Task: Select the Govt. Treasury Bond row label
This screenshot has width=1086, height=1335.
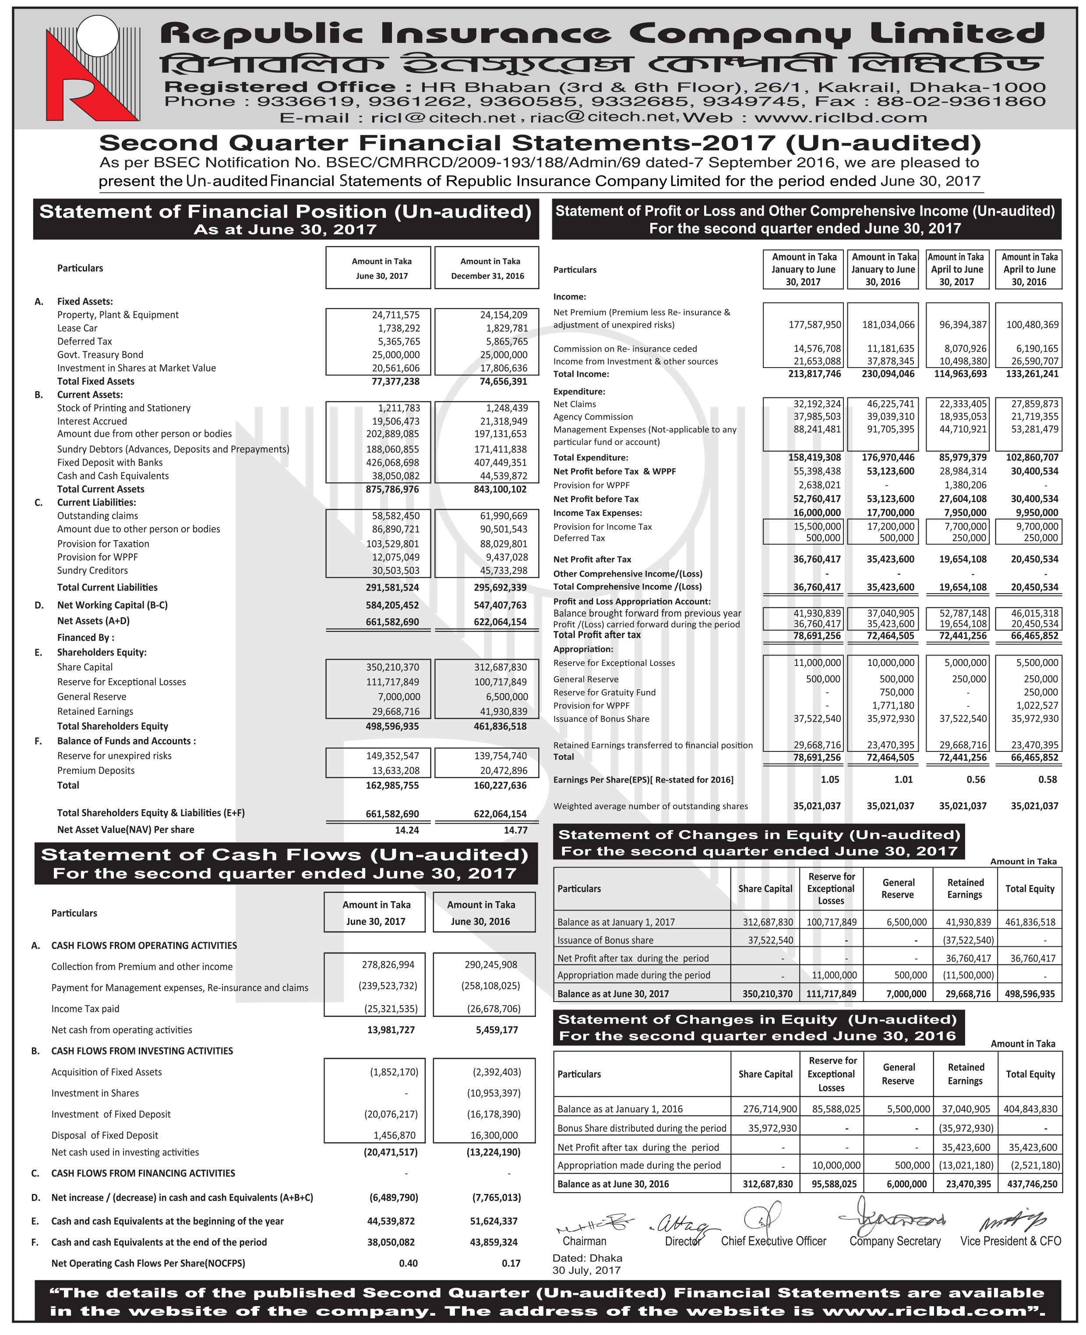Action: pyautogui.click(x=100, y=355)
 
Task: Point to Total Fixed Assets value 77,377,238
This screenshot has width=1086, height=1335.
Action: pyautogui.click(x=392, y=381)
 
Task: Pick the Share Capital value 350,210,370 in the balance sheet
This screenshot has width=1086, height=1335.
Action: pyautogui.click(x=392, y=667)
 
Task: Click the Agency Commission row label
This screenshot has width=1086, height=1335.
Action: pyautogui.click(x=592, y=417)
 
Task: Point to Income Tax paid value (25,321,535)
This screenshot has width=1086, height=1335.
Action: pyautogui.click(x=391, y=1009)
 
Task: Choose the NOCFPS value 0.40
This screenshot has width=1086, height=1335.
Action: pyautogui.click(x=408, y=1264)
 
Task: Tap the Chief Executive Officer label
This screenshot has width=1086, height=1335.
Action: pyautogui.click(x=773, y=1242)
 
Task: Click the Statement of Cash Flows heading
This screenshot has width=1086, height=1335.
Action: pyautogui.click(x=285, y=855)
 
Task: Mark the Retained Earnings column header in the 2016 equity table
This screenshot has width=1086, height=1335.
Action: pyautogui.click(x=965, y=1074)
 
